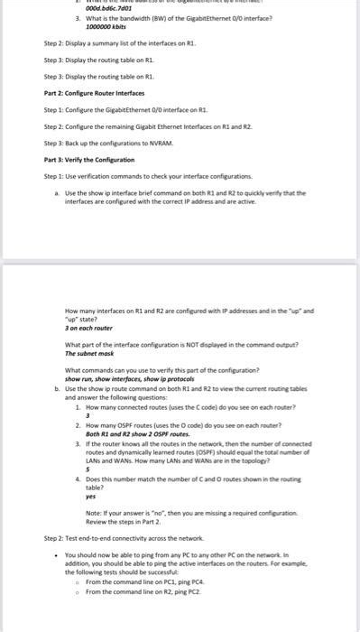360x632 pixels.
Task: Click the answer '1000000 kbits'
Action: pos(106,28)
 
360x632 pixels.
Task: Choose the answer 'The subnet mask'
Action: pos(91,354)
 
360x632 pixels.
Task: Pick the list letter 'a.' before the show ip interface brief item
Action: pos(57,193)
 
